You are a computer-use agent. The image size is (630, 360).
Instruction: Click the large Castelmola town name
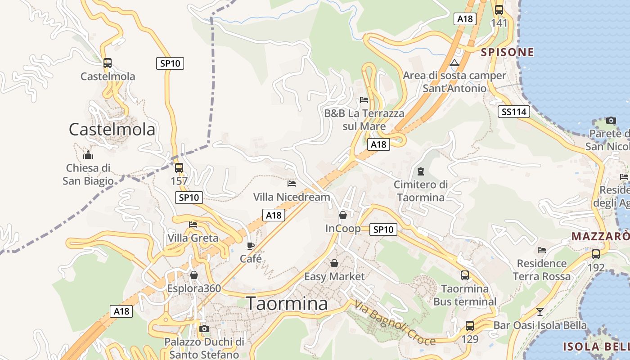[x=112, y=130]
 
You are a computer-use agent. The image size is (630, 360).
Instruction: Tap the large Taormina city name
[x=287, y=304]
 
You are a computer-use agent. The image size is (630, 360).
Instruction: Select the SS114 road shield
[x=513, y=112]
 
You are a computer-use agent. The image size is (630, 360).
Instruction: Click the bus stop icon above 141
[x=499, y=10]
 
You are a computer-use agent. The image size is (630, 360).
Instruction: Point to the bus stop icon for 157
[x=179, y=168]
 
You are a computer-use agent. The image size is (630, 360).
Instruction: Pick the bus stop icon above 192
[x=596, y=254]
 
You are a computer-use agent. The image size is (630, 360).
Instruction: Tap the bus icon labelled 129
[x=470, y=326]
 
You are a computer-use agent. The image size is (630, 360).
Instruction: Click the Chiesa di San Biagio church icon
[x=88, y=155]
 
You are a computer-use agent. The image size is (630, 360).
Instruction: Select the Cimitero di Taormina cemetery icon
[x=420, y=171]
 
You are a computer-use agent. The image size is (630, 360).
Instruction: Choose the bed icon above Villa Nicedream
[x=292, y=184]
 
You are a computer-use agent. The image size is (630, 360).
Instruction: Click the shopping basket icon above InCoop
[x=343, y=215]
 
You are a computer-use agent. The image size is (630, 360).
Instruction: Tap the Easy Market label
[x=334, y=276]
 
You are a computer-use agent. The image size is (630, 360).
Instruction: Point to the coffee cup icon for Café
[x=251, y=246]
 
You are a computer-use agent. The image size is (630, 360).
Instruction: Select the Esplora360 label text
[x=194, y=288]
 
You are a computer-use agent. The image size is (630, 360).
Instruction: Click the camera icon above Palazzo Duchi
[x=204, y=329]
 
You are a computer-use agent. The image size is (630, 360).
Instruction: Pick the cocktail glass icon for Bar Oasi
[x=540, y=311]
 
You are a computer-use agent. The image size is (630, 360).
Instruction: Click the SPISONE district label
[x=507, y=52]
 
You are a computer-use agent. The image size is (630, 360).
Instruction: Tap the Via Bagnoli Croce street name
[x=395, y=323]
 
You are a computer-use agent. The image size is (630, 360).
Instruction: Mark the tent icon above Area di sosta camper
[x=454, y=63]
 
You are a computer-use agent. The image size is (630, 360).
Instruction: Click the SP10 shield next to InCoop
[x=383, y=229]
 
